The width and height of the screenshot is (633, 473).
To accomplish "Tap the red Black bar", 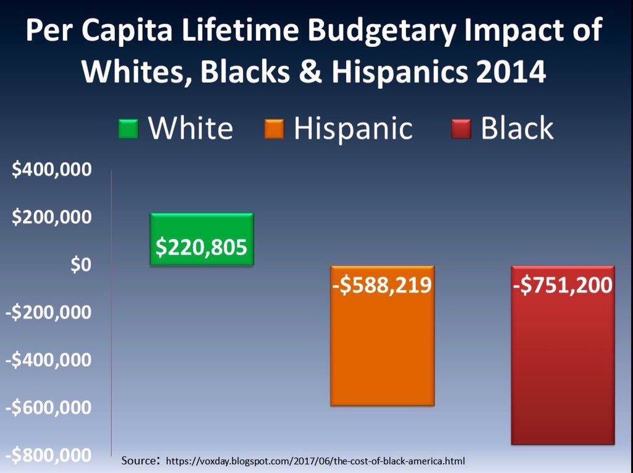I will tap(563, 370).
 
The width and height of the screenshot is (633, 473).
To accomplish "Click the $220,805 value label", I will tap(202, 248).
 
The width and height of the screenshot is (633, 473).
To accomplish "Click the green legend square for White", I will tap(129, 129).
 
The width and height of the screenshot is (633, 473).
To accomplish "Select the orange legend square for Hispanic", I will tap(274, 129).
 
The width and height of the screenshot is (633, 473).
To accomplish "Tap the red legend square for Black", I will tap(462, 129).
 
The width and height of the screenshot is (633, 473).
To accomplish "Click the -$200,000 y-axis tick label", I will tap(49, 312).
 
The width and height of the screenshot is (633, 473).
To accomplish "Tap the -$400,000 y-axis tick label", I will tap(49, 360).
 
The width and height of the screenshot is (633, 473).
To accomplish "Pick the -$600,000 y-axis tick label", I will tap(49, 408).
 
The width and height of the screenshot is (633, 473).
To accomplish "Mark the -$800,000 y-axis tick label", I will tap(49, 456).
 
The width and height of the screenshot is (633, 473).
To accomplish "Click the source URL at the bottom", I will tap(315, 461).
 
